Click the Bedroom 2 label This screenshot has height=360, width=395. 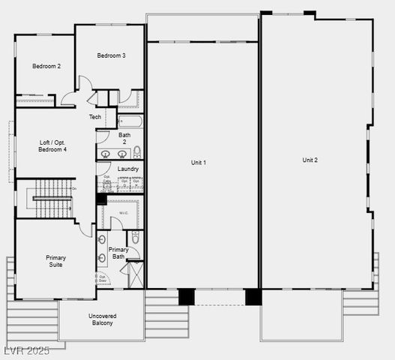tap(46, 66)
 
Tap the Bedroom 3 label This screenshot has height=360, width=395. tap(111, 55)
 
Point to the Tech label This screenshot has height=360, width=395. tap(95, 117)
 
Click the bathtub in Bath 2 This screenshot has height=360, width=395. tap(130, 121)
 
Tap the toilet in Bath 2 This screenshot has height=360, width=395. tap(136, 152)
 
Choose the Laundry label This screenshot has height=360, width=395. tap(127, 169)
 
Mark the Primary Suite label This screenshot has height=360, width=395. tap(55, 261)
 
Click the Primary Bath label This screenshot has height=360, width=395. tap(118, 253)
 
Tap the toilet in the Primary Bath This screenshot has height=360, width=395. tap(136, 237)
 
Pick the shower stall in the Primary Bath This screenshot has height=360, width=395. tap(136, 274)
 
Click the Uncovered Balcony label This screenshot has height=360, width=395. tap(101, 319)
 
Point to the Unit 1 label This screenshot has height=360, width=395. tap(199, 163)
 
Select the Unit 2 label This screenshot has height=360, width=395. tap(310, 160)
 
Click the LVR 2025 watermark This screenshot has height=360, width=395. tap(25, 351)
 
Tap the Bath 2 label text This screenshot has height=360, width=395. tap(124, 138)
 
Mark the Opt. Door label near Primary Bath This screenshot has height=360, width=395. tap(102, 278)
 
